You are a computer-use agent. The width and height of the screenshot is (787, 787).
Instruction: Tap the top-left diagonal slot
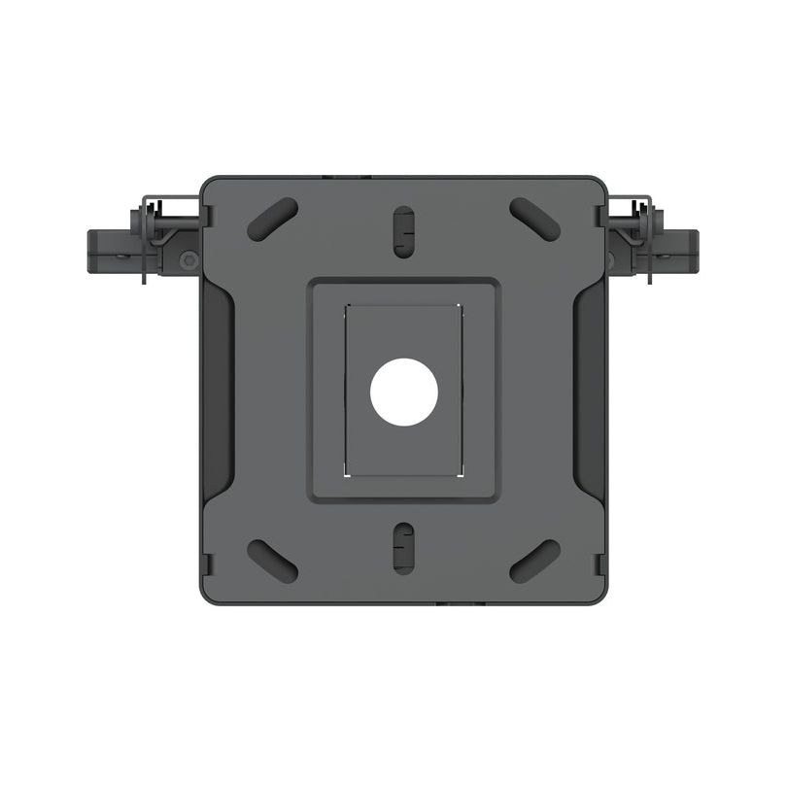(273, 220)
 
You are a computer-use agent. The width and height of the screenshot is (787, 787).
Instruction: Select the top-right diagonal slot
(534, 220)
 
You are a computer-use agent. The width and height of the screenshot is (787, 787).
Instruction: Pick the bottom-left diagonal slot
(273, 561)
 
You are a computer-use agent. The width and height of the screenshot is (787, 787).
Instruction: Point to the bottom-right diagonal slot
(534, 561)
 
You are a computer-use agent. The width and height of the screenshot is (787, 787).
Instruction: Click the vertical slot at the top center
(403, 230)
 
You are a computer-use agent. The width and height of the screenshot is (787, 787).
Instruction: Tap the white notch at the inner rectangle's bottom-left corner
(347, 473)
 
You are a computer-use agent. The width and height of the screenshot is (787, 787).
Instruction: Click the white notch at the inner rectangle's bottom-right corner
(460, 473)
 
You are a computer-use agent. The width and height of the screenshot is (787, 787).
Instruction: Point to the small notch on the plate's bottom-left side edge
(206, 562)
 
